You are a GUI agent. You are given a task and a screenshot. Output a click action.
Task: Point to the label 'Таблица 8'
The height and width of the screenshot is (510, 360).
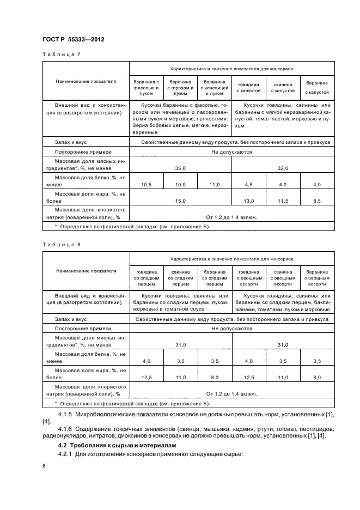(61, 244)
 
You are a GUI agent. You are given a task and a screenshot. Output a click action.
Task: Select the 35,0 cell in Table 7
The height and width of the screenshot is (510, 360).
(181, 169)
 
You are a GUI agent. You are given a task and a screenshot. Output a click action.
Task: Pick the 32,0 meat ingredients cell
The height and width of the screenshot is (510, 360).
(283, 169)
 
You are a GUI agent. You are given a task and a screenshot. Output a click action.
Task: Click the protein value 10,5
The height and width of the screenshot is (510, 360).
(147, 185)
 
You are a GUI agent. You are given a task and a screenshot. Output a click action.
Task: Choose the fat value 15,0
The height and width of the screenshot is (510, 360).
(181, 201)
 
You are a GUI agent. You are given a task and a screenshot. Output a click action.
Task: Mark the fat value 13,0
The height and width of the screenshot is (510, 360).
(249, 201)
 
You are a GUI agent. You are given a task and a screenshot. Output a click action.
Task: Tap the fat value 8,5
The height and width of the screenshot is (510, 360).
(316, 201)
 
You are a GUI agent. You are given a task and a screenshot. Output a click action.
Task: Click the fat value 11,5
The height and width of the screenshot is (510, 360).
(283, 201)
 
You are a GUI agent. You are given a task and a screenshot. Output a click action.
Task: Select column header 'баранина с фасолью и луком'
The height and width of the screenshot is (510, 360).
(147, 87)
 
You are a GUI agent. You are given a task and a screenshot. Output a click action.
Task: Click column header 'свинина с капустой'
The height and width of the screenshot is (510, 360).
(283, 87)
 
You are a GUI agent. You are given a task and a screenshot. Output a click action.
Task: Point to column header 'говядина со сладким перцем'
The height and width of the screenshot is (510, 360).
(147, 277)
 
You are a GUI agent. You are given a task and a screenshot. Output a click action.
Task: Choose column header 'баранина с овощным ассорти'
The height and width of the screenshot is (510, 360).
(316, 277)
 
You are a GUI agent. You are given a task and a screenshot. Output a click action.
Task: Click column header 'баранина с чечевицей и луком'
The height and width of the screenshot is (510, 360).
(215, 87)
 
